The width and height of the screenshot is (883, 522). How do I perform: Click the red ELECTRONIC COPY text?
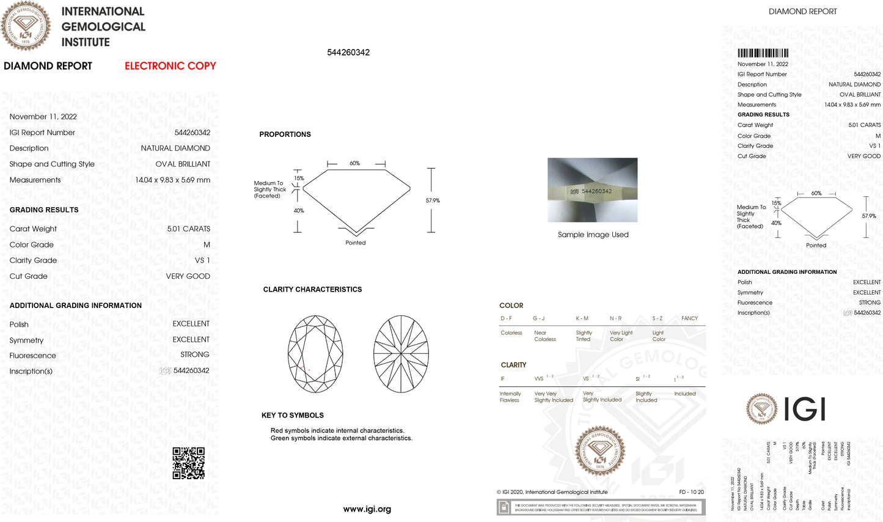170,66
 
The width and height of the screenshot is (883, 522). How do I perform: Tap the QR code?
188,463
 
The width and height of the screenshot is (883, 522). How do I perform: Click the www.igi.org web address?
367,509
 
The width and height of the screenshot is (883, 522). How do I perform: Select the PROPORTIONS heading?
285,134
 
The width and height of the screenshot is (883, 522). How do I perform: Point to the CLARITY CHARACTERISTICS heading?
312,290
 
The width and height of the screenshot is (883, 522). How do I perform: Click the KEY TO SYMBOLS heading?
292,416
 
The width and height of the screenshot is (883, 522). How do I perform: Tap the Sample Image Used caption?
593,235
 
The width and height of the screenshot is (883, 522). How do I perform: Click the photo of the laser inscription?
592,190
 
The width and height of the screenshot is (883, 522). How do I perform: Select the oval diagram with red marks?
315,354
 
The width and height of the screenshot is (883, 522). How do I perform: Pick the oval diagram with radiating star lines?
401,354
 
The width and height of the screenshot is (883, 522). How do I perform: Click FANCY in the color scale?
689,318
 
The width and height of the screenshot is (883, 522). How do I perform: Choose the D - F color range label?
506,318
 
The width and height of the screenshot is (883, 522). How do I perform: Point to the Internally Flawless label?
510,397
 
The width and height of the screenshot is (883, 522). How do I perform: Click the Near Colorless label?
544,336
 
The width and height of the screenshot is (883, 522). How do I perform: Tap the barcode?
763,53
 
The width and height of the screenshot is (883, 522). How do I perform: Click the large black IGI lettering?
805,409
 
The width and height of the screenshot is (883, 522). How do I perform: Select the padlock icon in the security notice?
504,507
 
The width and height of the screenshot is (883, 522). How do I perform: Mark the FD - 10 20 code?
691,492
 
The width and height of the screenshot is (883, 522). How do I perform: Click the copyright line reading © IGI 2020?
552,492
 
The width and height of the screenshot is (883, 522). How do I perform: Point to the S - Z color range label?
657,318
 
